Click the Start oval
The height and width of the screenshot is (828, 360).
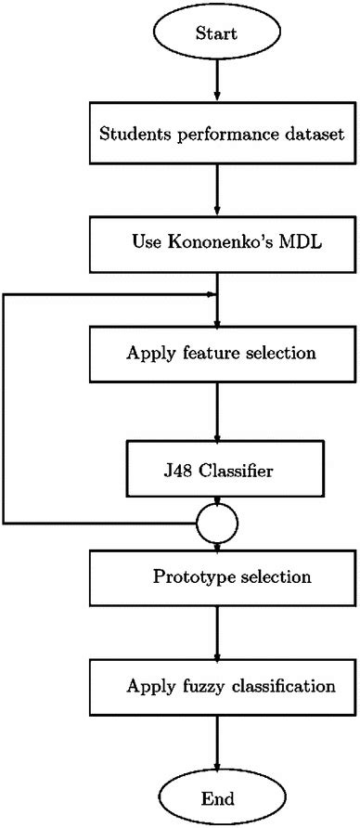click(x=216, y=33)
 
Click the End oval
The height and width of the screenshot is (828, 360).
click(x=216, y=797)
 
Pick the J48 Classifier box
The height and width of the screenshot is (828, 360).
click(x=216, y=472)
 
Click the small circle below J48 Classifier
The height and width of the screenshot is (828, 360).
click(x=215, y=524)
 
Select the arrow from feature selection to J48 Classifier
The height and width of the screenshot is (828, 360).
click(x=216, y=413)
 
